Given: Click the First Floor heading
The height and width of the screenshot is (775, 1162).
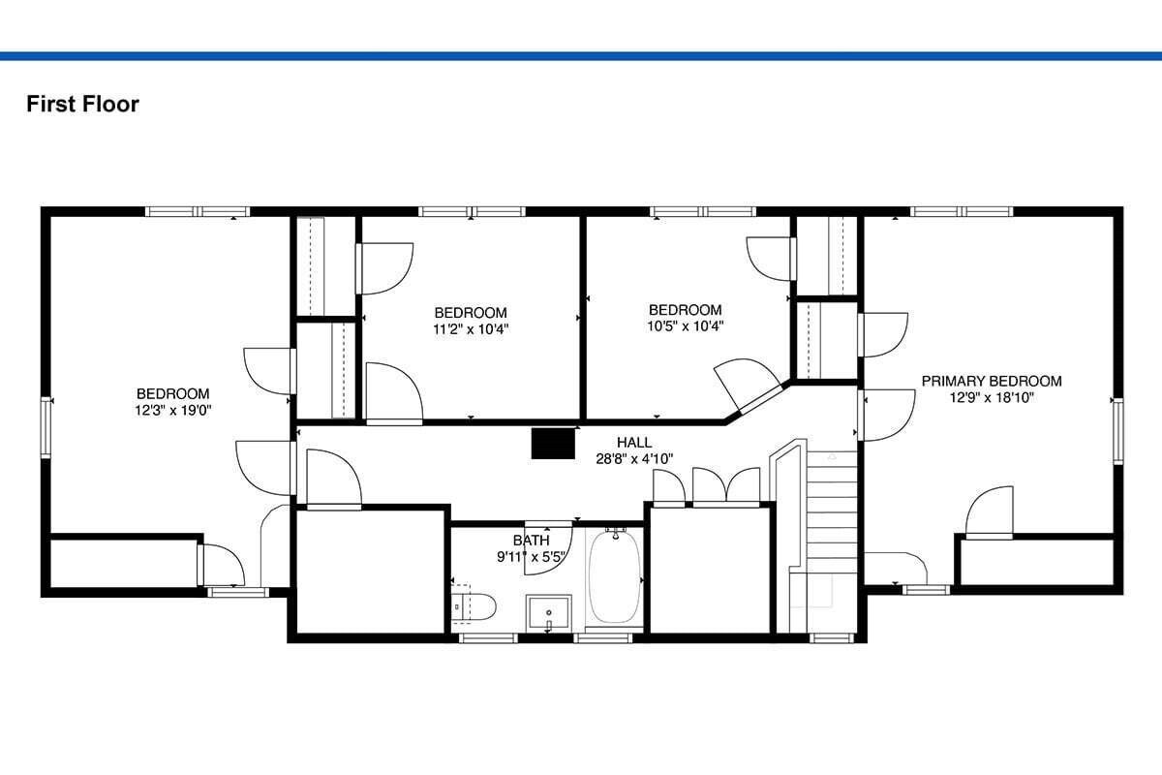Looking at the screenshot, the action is [82, 104].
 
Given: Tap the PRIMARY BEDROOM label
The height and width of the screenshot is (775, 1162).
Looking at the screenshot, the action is [992, 381].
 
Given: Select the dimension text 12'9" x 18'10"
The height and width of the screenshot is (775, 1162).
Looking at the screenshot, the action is [992, 397].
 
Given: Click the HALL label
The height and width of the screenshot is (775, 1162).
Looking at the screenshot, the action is [634, 443].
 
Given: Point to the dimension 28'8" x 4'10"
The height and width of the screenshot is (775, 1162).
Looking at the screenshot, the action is [634, 459].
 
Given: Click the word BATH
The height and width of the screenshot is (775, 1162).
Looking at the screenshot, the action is [531, 541].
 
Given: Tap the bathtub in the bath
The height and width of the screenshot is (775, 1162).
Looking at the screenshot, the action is [614, 576].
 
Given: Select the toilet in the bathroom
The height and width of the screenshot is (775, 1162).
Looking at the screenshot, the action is [473, 606].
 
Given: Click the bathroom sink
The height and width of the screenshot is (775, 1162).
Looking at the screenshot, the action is [549, 613].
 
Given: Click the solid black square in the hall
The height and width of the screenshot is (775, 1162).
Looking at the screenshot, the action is [553, 444].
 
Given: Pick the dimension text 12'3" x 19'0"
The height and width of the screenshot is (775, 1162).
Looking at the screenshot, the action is [172, 410].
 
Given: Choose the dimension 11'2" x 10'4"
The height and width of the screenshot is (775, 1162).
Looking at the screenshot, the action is [471, 329].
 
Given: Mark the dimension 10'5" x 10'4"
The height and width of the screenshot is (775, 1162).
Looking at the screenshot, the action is [685, 326].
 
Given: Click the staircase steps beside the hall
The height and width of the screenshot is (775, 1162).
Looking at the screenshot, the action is [832, 519].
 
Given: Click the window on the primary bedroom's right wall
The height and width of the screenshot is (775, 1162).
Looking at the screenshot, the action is [1117, 431].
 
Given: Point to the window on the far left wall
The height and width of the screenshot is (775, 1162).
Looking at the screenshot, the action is [46, 427].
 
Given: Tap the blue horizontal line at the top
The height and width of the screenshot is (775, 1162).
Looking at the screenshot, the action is [581, 56].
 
